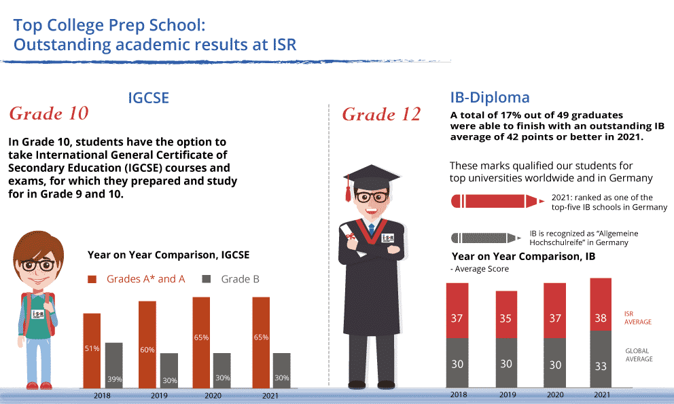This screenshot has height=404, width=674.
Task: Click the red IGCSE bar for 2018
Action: (92, 350)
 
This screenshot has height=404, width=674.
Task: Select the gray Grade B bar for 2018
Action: (113, 365)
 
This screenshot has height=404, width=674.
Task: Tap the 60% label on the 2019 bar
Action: (147, 350)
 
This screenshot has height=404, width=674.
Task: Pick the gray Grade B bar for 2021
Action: (281, 370)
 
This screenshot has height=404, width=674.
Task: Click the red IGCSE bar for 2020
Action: (201, 342)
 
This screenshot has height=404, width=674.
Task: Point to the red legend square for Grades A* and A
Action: (93, 279)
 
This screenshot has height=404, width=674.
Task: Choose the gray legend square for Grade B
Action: (208, 279)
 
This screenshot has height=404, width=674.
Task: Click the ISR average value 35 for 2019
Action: (505, 318)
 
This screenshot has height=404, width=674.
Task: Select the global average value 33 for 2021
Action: (601, 366)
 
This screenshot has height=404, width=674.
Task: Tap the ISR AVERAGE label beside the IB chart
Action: (637, 318)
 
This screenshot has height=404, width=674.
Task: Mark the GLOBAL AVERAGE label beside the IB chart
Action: (638, 354)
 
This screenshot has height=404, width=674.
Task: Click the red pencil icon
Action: (496, 201)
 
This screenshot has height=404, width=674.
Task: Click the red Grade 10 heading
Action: (49, 113)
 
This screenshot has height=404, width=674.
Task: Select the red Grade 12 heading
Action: (381, 115)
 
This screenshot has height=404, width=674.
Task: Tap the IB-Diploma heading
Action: (490, 97)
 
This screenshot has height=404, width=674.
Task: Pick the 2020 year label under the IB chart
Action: (554, 394)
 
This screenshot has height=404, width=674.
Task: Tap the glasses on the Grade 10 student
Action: (37, 265)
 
